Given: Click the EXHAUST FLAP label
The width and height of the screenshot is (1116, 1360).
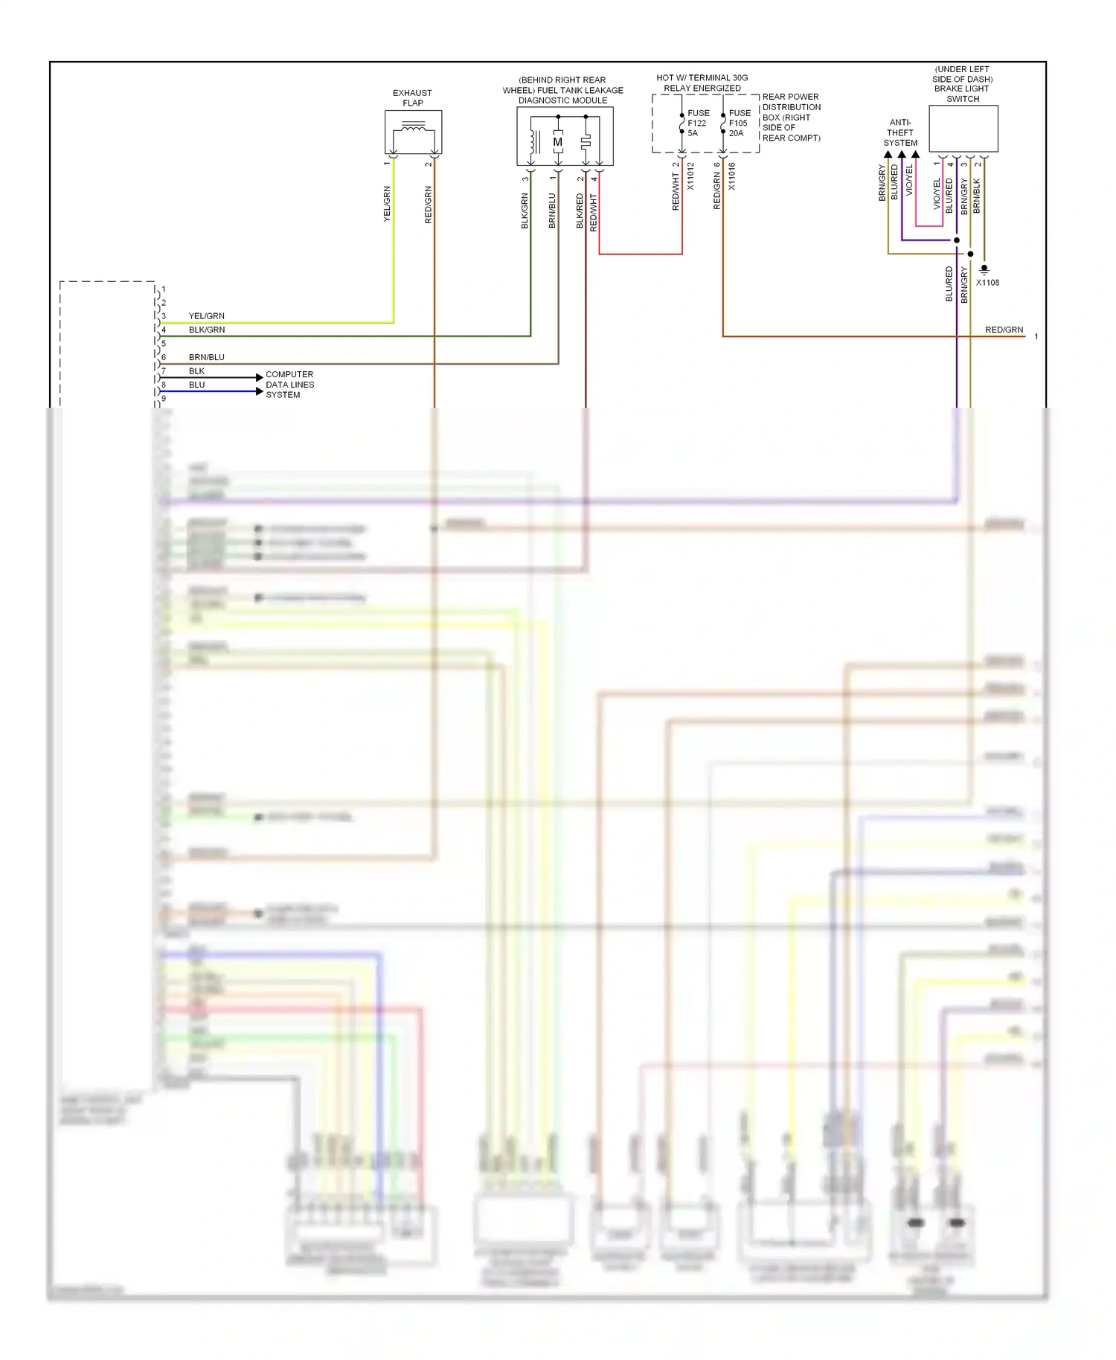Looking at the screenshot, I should [x=412, y=97].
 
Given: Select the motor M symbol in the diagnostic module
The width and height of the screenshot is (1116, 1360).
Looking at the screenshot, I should [x=557, y=141].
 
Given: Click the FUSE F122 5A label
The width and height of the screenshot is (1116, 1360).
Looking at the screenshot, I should [x=697, y=123].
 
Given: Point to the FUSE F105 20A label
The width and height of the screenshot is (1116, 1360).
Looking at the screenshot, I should [x=739, y=123].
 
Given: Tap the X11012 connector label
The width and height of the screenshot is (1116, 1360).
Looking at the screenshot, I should [x=690, y=176].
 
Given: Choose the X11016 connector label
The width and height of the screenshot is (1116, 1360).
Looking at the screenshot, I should [x=731, y=176].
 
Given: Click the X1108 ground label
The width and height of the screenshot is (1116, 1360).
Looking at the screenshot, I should [x=987, y=283].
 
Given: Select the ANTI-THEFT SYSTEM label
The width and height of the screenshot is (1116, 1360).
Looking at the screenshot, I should [x=900, y=132].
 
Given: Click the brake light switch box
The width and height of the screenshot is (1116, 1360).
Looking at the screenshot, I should [x=963, y=129].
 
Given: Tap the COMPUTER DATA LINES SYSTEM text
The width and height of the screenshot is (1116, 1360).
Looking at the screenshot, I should [x=289, y=385].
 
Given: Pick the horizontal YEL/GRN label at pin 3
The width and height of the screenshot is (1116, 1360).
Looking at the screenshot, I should [x=206, y=316].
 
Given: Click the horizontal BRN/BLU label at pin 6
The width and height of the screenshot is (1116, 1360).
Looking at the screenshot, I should [x=206, y=357].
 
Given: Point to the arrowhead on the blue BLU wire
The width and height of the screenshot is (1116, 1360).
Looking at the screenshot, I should [x=259, y=391].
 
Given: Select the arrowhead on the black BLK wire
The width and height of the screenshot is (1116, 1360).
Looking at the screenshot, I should [x=259, y=377].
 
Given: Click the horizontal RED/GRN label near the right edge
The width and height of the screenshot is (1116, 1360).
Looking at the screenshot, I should [x=1004, y=330].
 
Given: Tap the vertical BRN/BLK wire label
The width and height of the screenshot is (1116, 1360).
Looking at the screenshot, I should [x=977, y=196].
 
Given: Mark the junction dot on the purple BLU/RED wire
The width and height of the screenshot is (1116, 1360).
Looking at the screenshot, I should [x=957, y=240].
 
